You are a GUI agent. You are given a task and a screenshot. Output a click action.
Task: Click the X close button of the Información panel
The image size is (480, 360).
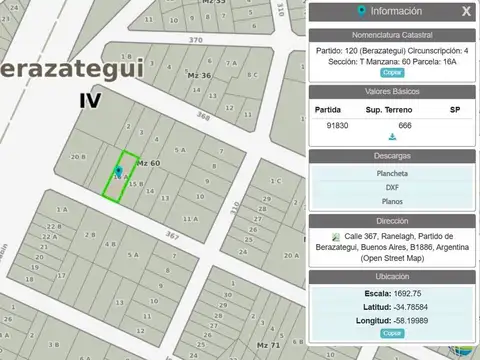click(465, 12)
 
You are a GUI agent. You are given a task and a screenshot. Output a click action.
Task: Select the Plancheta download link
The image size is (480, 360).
click(391, 174)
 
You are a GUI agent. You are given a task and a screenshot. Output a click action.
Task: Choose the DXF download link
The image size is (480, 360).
click(391, 188)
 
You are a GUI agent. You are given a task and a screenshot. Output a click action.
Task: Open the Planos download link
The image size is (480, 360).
click(391, 202)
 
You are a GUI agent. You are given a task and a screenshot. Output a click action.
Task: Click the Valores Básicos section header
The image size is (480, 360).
click(391, 91)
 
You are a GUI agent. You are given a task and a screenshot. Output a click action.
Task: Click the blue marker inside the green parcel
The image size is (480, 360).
click(119, 171)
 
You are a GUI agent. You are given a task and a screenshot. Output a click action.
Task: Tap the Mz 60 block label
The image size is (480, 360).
click(148, 162)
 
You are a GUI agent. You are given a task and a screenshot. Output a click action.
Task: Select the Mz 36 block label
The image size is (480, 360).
click(199, 76)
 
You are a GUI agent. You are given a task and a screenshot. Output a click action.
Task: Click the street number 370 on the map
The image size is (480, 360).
click(195, 40)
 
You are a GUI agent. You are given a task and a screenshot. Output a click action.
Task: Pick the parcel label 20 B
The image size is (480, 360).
click(77, 157)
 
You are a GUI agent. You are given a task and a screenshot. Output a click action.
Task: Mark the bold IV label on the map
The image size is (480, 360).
click(91, 100)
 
